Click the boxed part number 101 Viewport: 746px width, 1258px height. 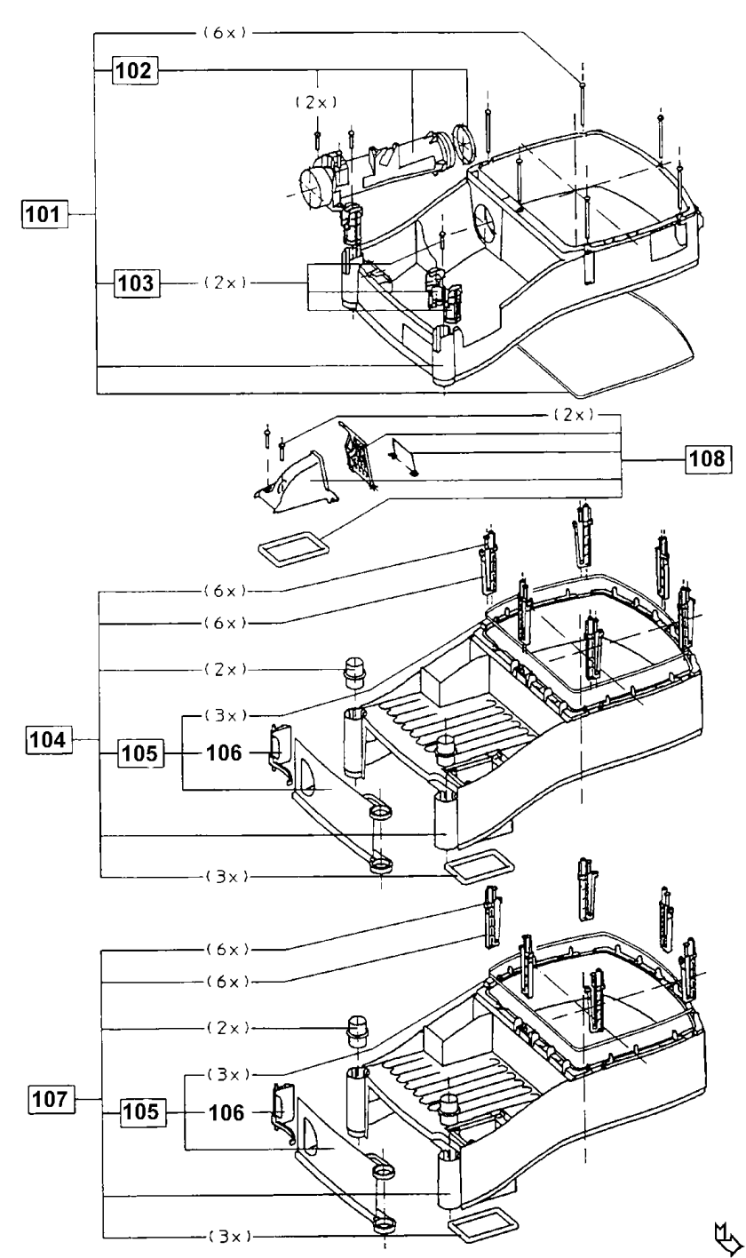pos(44,214)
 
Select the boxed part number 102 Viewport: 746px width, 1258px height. pos(135,70)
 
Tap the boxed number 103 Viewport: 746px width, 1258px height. pos(137,283)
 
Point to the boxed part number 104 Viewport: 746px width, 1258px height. pos(48,739)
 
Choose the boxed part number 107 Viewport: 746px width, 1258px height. pos(51,1098)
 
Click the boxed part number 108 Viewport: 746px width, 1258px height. pos(709,458)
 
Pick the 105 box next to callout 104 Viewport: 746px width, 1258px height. pos(141,753)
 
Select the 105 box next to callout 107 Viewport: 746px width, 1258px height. pos(143,1111)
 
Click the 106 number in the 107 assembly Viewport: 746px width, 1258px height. pos(226,1112)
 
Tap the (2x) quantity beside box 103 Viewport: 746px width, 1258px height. pos(225,283)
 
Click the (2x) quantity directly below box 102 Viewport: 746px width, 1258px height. pos(316,102)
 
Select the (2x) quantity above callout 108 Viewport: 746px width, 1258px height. pos(574,415)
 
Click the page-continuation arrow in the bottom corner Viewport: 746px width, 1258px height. pos(727,1238)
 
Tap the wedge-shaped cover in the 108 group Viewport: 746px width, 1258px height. pos(298,482)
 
